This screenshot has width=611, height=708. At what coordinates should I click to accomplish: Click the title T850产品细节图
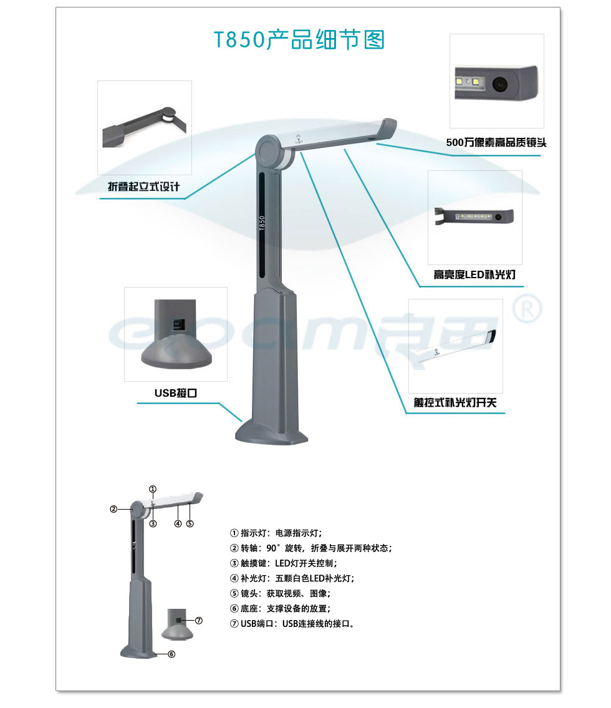[299, 39]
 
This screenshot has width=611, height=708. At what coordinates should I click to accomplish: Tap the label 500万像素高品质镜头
[496, 143]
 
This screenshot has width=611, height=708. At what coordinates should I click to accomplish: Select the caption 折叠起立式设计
[143, 187]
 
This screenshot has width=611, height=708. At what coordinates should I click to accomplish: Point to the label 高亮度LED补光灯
[474, 274]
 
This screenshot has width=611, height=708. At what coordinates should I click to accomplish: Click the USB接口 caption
[176, 393]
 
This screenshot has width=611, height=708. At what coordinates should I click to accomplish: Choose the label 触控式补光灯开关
[455, 402]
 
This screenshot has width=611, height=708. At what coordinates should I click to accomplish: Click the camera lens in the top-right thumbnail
[499, 84]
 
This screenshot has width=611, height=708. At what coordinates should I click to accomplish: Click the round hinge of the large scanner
[267, 151]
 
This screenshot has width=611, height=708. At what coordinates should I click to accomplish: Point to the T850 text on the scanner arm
[262, 223]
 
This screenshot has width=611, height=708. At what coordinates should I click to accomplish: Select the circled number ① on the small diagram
[153, 489]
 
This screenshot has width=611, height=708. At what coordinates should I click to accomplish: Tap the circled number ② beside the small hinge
[113, 509]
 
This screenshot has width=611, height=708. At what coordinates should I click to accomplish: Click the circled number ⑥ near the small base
[171, 654]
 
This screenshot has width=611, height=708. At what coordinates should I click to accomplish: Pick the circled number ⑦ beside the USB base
[198, 621]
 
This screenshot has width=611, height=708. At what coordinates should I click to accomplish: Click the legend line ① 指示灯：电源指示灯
[276, 533]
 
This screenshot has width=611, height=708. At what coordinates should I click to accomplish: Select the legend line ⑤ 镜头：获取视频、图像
[280, 593]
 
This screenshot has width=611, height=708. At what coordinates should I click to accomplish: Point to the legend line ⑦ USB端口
[292, 624]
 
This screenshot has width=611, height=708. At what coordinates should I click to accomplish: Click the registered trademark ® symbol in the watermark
[527, 308]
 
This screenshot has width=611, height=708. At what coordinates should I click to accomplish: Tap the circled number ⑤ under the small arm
[190, 523]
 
